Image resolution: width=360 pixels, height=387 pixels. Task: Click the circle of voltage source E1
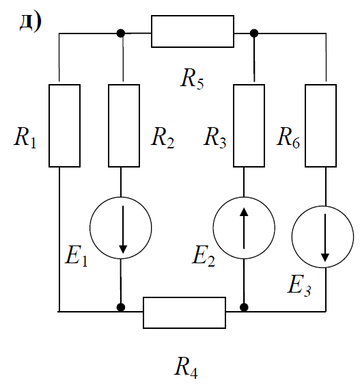click(x=89, y=228)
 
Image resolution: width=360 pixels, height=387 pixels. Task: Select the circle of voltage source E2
click(x=213, y=228)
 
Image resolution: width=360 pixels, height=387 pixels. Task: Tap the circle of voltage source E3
click(x=292, y=237)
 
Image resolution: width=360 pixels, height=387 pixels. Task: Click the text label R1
click(x=25, y=137)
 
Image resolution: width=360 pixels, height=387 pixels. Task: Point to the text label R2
click(x=163, y=137)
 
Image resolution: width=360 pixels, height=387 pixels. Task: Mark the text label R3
click(x=214, y=137)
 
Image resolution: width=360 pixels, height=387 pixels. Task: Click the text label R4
click(x=186, y=368)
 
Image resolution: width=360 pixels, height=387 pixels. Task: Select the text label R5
click(x=192, y=79)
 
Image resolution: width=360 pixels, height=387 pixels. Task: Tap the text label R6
click(x=288, y=137)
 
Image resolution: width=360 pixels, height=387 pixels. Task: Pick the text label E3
click(x=299, y=286)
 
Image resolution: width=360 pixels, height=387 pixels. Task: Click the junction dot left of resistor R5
click(x=121, y=33)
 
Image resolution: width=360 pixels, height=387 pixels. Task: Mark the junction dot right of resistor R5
click(x=254, y=33)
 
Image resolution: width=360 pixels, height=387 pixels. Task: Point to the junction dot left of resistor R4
click(x=121, y=307)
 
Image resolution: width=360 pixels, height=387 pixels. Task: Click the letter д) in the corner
click(x=31, y=23)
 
